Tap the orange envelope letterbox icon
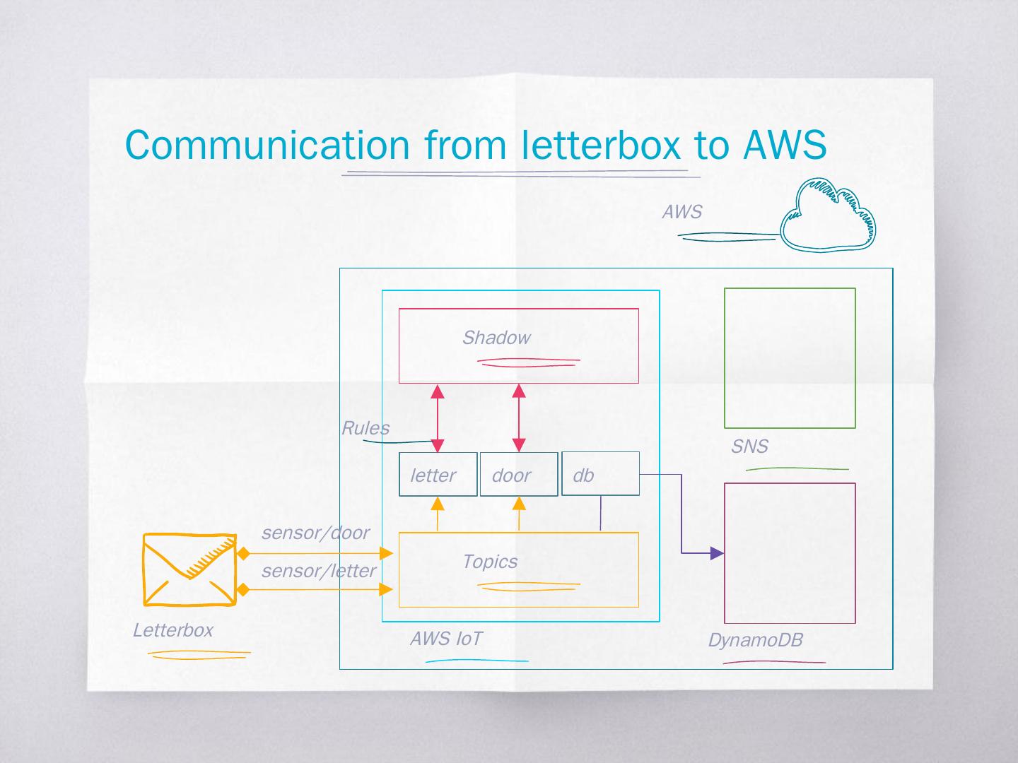tap(189, 569)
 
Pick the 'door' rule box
tap(518, 474)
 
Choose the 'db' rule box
tap(600, 474)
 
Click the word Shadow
tap(496, 338)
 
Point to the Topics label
tap(489, 562)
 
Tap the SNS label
tap(749, 446)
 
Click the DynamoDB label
tap(755, 640)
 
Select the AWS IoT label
tap(445, 639)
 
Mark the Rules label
tap(365, 428)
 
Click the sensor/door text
tap(315, 533)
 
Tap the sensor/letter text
tap(319, 571)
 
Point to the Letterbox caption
tap(172, 630)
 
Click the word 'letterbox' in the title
tap(601, 145)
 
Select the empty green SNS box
tap(790, 357)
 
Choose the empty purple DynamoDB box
tap(790, 552)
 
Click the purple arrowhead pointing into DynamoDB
tap(717, 553)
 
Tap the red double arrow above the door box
tap(519, 418)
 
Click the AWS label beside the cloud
tap(681, 212)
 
